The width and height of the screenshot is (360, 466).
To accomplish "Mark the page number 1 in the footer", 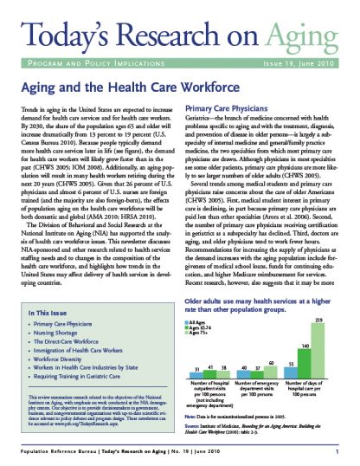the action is pos(347,452).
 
